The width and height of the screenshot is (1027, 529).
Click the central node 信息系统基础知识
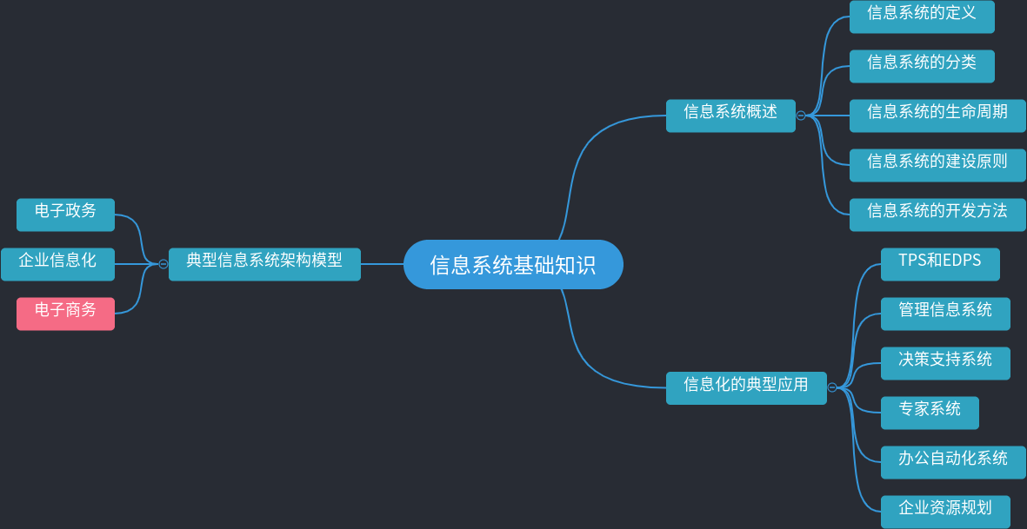pos(513,264)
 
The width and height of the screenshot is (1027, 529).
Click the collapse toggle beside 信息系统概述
pos(801,116)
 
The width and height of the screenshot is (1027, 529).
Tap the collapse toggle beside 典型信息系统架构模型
pos(163,264)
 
